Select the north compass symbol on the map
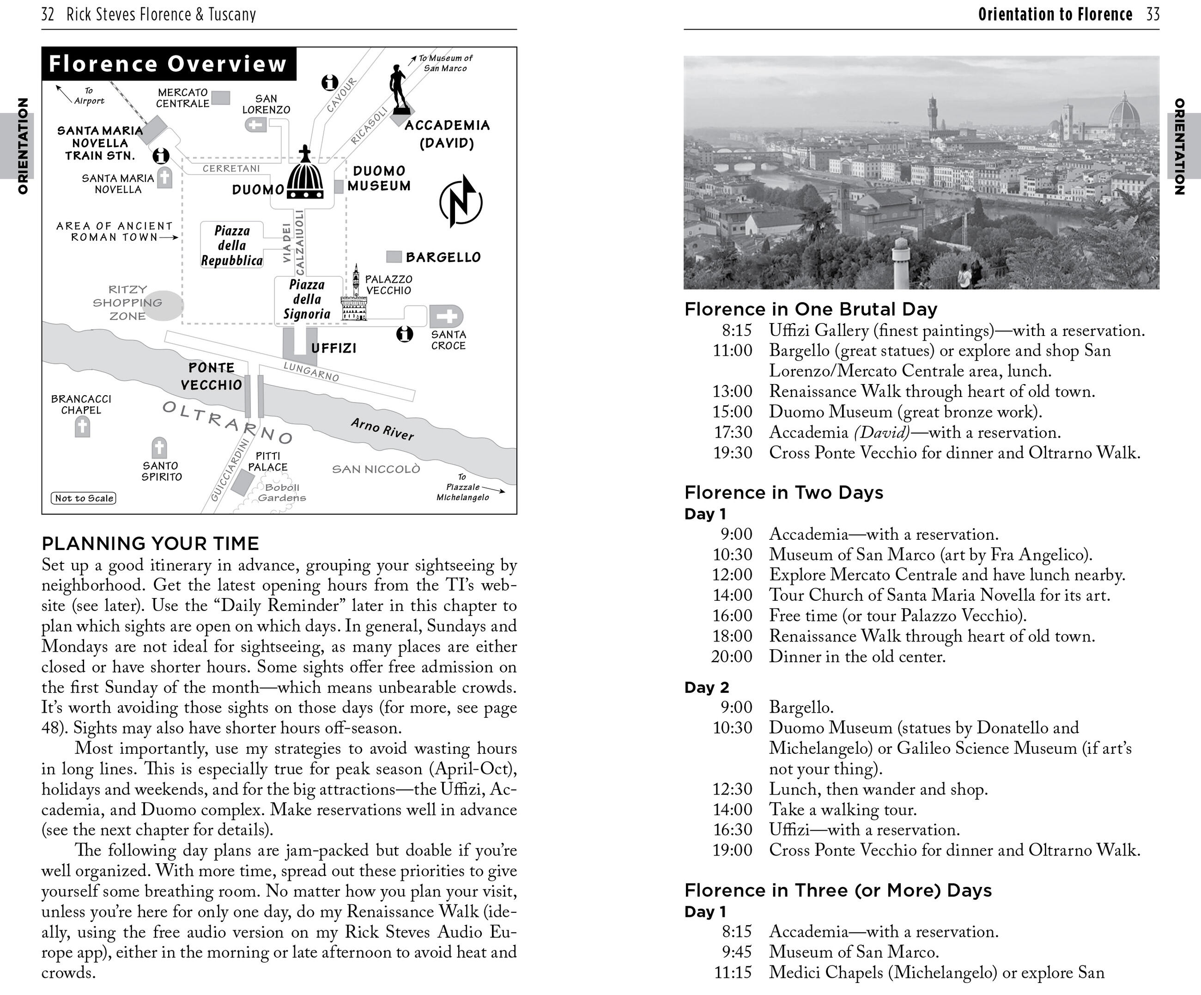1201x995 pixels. click(461, 201)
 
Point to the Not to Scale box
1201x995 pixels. click(84, 498)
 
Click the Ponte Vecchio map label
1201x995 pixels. click(211, 376)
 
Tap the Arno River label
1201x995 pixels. click(382, 429)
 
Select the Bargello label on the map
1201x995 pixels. click(443, 257)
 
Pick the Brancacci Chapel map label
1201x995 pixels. click(81, 404)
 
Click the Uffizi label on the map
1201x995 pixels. click(334, 348)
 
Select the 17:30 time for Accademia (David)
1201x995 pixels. click(733, 433)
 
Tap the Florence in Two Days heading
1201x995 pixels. click(783, 493)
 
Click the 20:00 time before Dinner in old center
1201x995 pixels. click(732, 656)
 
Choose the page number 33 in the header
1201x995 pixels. click(1153, 14)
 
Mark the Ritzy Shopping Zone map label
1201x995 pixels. click(127, 303)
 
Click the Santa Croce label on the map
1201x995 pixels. click(449, 340)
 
